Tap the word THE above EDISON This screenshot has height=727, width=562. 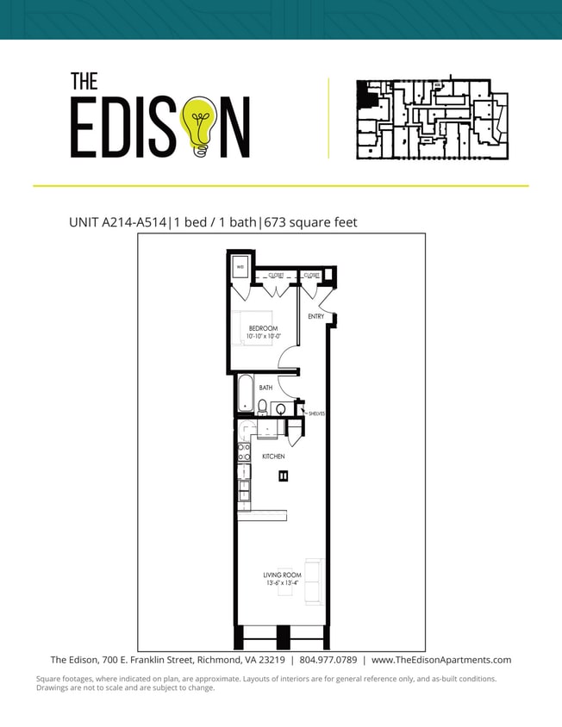point(84,81)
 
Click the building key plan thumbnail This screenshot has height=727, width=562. point(433,120)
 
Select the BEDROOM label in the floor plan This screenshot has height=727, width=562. point(264,328)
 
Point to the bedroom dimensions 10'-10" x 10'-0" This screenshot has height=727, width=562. point(264,337)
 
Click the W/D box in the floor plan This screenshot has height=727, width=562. point(240,268)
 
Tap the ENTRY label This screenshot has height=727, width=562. point(315,317)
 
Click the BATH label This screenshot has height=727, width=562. point(265,388)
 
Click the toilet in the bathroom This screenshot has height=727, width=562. point(262,406)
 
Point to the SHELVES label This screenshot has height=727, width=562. point(316,413)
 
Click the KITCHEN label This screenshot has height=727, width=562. point(273,457)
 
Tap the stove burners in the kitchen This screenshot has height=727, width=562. point(244,454)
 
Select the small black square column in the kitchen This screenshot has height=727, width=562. point(283,475)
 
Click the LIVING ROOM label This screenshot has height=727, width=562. point(281,575)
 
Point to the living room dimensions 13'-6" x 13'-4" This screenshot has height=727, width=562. point(281,584)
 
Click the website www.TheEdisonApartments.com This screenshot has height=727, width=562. point(440,660)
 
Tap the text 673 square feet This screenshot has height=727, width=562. point(310,222)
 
